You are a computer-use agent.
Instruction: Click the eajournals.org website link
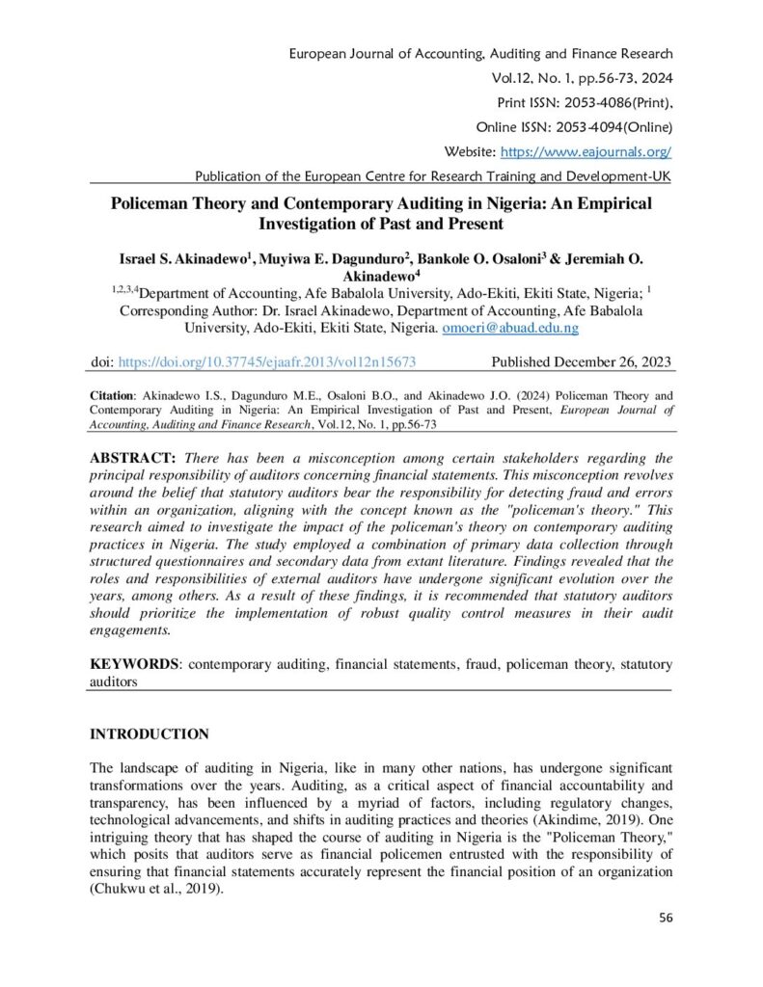click(x=585, y=152)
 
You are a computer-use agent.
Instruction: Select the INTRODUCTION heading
click(x=150, y=734)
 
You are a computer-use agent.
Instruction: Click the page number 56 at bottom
click(x=665, y=917)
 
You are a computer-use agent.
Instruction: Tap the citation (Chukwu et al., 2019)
click(x=156, y=890)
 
